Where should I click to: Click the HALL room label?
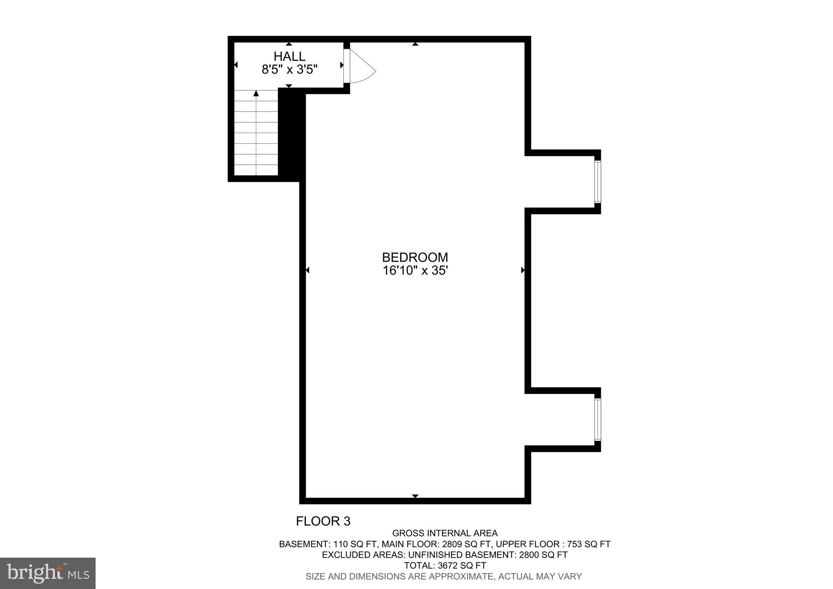click(x=289, y=56)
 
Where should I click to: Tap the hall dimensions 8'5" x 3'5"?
click(x=289, y=70)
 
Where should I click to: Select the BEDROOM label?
click(x=415, y=257)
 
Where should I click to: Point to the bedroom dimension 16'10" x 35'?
click(x=415, y=271)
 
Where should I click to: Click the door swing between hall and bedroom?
click(x=360, y=67)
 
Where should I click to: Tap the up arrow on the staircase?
click(x=256, y=94)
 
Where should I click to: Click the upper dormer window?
click(x=597, y=182)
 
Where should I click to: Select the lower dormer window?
click(x=597, y=419)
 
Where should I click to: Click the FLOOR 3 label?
click(x=323, y=521)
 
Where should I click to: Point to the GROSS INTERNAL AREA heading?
click(x=445, y=533)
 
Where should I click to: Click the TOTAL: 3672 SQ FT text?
click(x=445, y=565)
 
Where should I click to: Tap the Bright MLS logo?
click(x=48, y=573)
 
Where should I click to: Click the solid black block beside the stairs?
click(x=292, y=134)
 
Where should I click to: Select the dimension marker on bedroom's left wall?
click(x=307, y=270)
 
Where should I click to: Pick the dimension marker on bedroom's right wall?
click(x=523, y=270)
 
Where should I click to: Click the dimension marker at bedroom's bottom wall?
click(x=415, y=496)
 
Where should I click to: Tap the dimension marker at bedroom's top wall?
click(x=415, y=44)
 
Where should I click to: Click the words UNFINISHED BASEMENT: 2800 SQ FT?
click(x=488, y=555)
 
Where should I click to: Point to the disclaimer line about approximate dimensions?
click(x=443, y=576)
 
